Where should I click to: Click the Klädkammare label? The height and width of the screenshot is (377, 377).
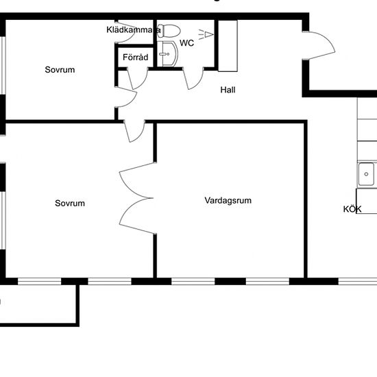(134, 29)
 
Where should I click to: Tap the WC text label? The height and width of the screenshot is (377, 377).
(186, 42)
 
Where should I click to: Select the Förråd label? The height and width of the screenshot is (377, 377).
(134, 58)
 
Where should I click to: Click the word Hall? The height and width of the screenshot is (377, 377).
(228, 90)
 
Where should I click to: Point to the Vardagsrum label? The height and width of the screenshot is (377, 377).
(228, 201)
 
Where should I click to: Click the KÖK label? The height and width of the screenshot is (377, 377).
(352, 210)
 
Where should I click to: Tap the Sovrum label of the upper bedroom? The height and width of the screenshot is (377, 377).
(60, 70)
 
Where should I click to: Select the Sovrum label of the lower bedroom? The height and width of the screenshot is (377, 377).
(70, 203)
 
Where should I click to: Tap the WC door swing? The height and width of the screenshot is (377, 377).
(192, 78)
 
